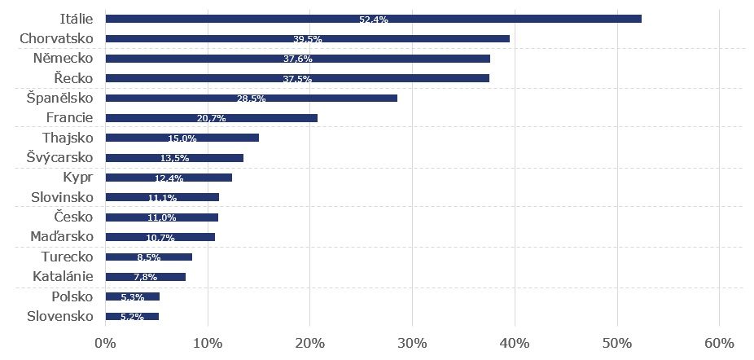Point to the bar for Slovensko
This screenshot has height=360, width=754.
132,316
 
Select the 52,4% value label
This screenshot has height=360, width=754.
373,20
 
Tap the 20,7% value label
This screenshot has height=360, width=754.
211,118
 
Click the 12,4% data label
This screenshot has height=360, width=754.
169,178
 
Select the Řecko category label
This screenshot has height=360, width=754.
74,78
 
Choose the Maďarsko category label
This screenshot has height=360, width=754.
63,236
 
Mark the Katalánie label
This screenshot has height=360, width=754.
64,276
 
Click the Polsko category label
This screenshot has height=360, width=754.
72,296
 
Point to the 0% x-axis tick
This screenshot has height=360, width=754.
105,342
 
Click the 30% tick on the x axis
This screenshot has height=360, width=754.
412,342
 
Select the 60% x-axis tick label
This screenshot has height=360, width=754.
719,342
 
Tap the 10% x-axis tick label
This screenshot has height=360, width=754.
208,342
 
